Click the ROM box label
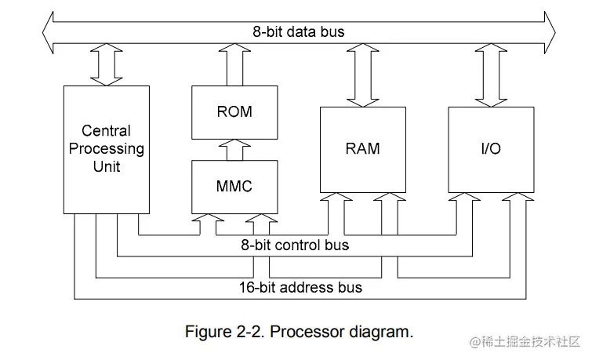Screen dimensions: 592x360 (234, 111)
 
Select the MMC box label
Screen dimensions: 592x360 (234, 186)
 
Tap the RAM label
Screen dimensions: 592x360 (362, 148)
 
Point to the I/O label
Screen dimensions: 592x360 (491, 148)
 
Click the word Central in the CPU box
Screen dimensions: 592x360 (106, 131)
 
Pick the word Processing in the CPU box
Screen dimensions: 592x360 (107, 149)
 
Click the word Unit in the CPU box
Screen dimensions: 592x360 (107, 166)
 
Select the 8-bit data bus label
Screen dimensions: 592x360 (299, 31)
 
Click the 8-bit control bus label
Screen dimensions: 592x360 (295, 245)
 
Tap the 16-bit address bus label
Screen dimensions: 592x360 (300, 288)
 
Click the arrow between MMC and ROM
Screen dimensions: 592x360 (234, 150)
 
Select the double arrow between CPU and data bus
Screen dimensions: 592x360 (107, 64)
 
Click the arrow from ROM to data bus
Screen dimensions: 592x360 (234, 64)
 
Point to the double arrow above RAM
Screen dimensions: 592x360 (363, 75)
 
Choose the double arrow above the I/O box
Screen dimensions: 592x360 (491, 75)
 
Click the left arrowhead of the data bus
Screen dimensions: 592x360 (48, 32)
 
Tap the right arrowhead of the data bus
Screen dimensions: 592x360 (550, 32)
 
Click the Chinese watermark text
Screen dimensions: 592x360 (525, 342)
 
